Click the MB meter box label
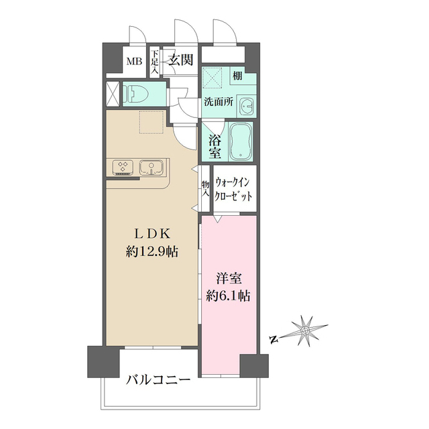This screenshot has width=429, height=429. pyautogui.click(x=135, y=62)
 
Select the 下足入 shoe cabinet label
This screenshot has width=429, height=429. pyautogui.click(x=154, y=61)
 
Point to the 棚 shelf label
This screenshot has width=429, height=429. pyautogui.click(x=238, y=76)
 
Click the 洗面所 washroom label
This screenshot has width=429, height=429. pyautogui.click(x=219, y=104)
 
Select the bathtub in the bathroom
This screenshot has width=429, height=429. pyautogui.click(x=239, y=141)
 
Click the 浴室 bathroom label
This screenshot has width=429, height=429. pyautogui.click(x=214, y=146)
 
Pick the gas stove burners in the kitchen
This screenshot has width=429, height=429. pyautogui.click(x=123, y=166)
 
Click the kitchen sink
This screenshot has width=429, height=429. pyautogui.click(x=150, y=166)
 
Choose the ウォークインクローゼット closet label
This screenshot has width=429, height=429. pyautogui.click(x=234, y=189)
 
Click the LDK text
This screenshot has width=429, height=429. pyautogui.click(x=151, y=234)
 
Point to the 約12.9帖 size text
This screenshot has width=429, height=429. pyautogui.click(x=151, y=252)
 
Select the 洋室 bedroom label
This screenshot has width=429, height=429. pyautogui.click(x=228, y=277)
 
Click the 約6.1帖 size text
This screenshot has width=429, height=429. pyautogui.click(x=228, y=295)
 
